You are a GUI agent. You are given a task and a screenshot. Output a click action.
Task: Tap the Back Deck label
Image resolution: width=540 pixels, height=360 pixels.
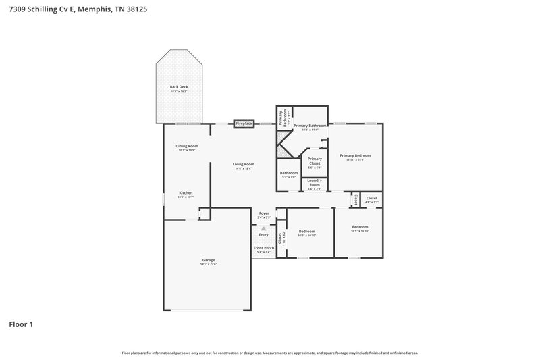coord(179,88)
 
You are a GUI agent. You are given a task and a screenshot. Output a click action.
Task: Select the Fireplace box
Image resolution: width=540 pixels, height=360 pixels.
coord(244,124)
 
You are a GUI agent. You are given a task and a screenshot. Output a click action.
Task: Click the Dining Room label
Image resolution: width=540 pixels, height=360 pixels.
coord(187,147)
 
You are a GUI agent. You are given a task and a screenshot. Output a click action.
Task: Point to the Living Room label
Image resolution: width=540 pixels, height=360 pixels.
coord(244,165)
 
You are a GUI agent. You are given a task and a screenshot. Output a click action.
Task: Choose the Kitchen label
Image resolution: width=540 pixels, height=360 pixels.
coord(186,194)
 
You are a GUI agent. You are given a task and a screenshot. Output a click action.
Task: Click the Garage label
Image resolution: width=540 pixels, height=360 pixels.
coord(209,261)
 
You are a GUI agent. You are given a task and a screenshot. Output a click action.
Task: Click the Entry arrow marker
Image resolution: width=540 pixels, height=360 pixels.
coord(264,228)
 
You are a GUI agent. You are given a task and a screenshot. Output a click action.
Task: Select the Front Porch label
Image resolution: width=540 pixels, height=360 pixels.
coord(264,249)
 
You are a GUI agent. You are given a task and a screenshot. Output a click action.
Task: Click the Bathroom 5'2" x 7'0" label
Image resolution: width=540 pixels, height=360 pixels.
coord(289,174)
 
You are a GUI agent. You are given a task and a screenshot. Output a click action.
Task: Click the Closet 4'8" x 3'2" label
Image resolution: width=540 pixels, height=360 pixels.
coord(372,199)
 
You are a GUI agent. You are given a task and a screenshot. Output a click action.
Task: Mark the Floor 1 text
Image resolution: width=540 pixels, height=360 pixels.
coord(21,324)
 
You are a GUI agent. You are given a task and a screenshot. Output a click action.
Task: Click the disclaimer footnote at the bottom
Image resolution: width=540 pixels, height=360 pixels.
coord(270,353)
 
